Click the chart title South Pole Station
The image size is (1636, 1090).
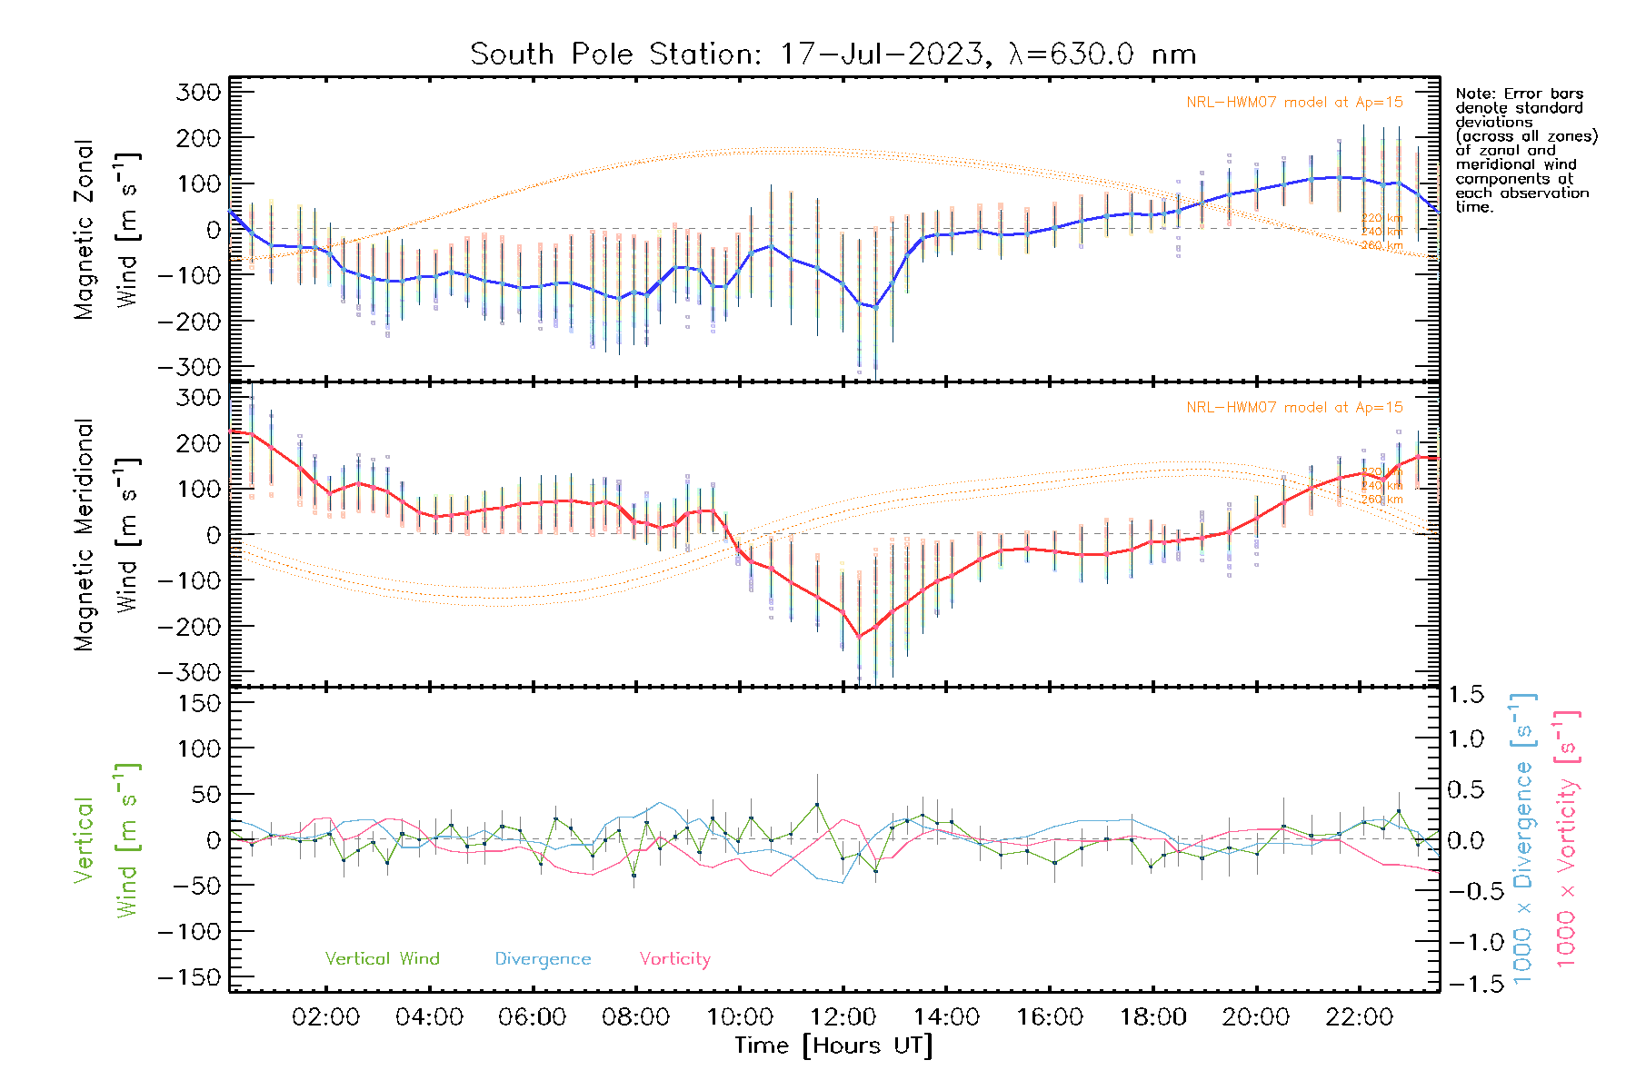[833, 54]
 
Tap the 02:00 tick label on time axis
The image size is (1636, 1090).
[325, 1017]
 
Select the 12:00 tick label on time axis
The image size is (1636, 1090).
[843, 1017]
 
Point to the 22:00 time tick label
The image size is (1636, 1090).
[1359, 1017]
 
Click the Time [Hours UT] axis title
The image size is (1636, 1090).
[833, 1045]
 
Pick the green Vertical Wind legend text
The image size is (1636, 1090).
[382, 958]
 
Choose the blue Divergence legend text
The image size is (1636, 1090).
[543, 958]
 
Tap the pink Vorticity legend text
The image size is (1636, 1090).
[674, 958]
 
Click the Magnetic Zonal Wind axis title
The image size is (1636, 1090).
[106, 229]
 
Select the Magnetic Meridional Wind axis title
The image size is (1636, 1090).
[106, 534]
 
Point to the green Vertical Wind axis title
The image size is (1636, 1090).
[106, 840]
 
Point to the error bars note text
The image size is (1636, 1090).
[1525, 150]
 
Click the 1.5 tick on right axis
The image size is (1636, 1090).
[1465, 695]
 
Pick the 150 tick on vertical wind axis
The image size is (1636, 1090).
[200, 703]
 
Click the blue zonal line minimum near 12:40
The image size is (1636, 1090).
[875, 307]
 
